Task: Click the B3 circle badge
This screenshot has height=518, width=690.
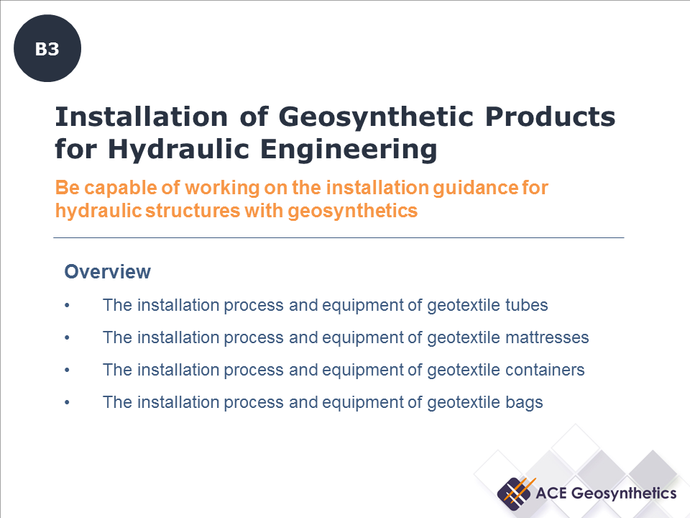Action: click(47, 50)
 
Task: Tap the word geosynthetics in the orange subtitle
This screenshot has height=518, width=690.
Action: click(353, 212)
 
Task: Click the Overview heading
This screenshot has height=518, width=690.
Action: click(108, 272)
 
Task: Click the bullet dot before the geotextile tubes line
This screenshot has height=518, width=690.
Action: click(67, 306)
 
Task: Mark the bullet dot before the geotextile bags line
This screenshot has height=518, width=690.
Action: click(67, 403)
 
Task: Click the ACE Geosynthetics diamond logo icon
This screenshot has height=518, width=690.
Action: click(515, 493)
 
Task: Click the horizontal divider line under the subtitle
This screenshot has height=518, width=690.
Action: click(339, 237)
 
